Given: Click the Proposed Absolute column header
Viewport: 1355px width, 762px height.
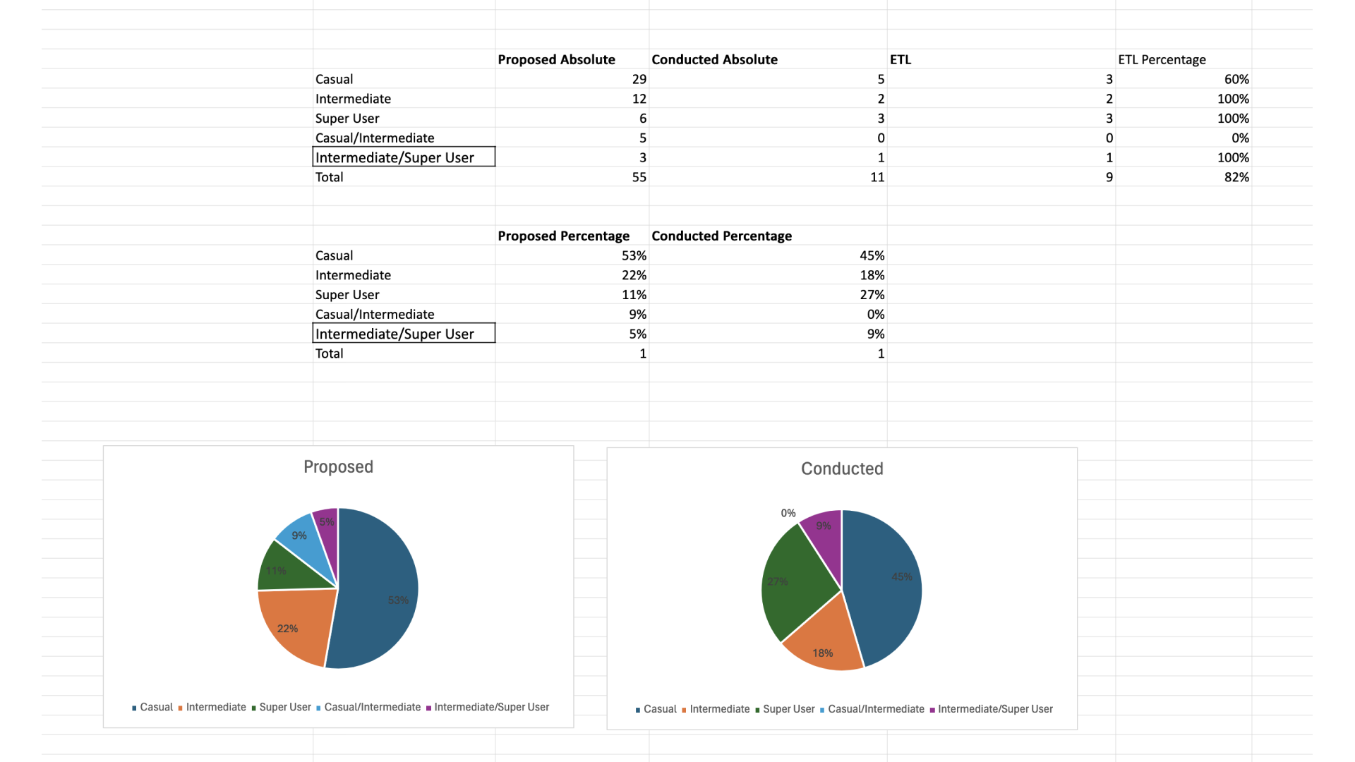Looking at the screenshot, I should pyautogui.click(x=556, y=60).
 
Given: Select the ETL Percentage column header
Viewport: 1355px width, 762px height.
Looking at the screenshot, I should pyautogui.click(x=1162, y=60).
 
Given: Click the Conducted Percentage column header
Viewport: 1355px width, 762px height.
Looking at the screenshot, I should pyautogui.click(x=721, y=236).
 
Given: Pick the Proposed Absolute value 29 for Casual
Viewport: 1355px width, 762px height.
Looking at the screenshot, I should pyautogui.click(x=639, y=80).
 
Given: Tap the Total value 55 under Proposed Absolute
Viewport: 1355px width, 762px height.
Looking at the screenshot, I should pyautogui.click(x=639, y=178).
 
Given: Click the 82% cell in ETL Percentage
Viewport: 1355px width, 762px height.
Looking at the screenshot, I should pyautogui.click(x=1236, y=178).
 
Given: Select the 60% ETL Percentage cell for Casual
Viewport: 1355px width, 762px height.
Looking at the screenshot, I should pyautogui.click(x=1236, y=80).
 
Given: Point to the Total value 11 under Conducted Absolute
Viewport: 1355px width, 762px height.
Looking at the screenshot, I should pyautogui.click(x=877, y=178).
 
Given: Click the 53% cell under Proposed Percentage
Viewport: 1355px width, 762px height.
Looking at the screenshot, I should pyautogui.click(x=633, y=256).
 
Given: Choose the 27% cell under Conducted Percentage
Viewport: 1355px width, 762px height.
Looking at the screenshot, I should pyautogui.click(x=872, y=295).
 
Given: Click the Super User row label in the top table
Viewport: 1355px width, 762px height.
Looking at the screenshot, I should pyautogui.click(x=347, y=119).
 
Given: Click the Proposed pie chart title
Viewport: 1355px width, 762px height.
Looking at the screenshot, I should pyautogui.click(x=338, y=467).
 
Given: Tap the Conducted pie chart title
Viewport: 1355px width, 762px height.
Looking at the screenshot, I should pyautogui.click(x=842, y=469).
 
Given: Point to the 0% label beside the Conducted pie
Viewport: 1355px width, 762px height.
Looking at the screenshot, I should pyautogui.click(x=788, y=514).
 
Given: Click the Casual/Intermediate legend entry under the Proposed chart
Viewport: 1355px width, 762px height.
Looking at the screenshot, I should pyautogui.click(x=372, y=708).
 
